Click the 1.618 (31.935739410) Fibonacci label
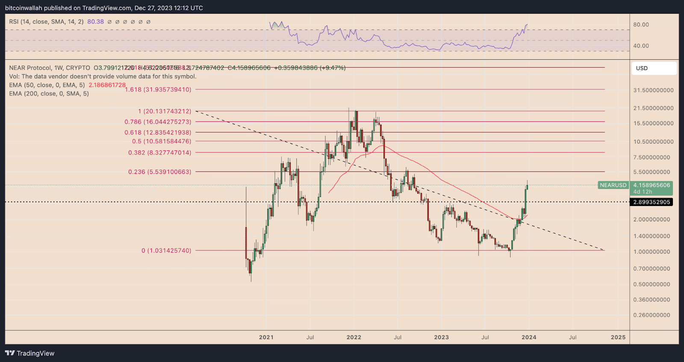[x=158, y=89]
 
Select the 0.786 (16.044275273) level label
[x=158, y=122]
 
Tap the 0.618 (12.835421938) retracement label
[x=158, y=132]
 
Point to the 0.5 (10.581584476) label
[x=162, y=141]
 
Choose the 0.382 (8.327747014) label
[x=159, y=153]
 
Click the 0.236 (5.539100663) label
[x=159, y=172]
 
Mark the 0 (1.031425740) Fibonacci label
[x=166, y=250]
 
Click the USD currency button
[x=654, y=68]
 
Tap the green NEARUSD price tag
[x=613, y=185]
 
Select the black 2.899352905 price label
[x=652, y=202]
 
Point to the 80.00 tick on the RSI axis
[x=641, y=25]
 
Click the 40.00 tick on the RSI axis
[x=641, y=46]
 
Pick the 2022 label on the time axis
[x=354, y=337]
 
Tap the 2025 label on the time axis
[x=618, y=337]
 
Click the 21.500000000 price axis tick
[x=653, y=108]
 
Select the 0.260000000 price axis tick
[x=652, y=315]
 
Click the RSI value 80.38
[x=95, y=22]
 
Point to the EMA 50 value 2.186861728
[x=107, y=85]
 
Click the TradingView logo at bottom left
[x=29, y=353]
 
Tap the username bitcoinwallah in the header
[x=24, y=8]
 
